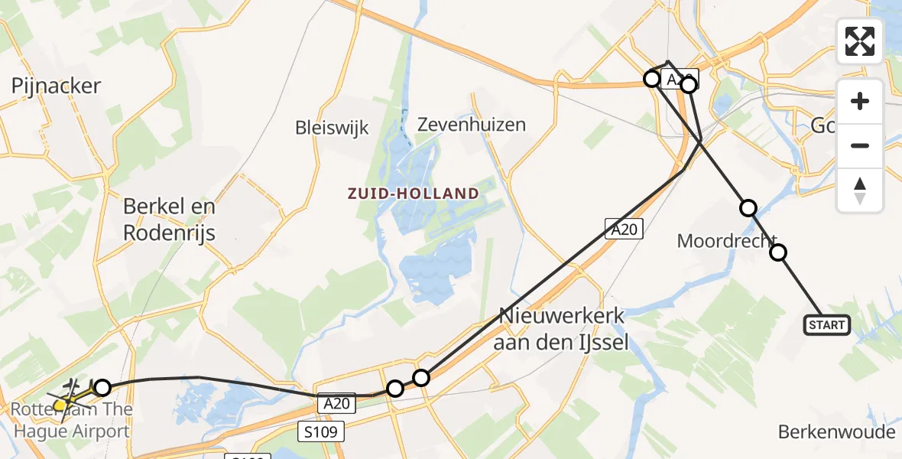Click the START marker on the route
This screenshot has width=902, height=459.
tap(827, 325)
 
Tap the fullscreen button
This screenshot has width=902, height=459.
tap(860, 41)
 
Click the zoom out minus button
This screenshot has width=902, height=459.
tap(860, 145)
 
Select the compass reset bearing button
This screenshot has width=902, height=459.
tap(860, 190)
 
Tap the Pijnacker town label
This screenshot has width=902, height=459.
tap(56, 86)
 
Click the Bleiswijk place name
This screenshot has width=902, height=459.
tap(332, 127)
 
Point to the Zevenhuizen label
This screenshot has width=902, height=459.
tap(472, 124)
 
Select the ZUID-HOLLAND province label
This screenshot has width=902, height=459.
tap(413, 194)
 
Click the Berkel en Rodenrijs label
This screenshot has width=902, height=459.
tap(170, 220)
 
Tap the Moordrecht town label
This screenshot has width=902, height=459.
tap(727, 242)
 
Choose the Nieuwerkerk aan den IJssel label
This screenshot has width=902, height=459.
tap(561, 329)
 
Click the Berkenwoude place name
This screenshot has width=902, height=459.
tap(836, 432)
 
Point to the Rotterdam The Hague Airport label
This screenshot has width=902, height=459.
tap(70, 420)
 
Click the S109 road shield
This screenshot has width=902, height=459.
tap(322, 431)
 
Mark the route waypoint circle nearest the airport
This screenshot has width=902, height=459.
tap(102, 388)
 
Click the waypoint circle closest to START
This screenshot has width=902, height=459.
tap(778, 252)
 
